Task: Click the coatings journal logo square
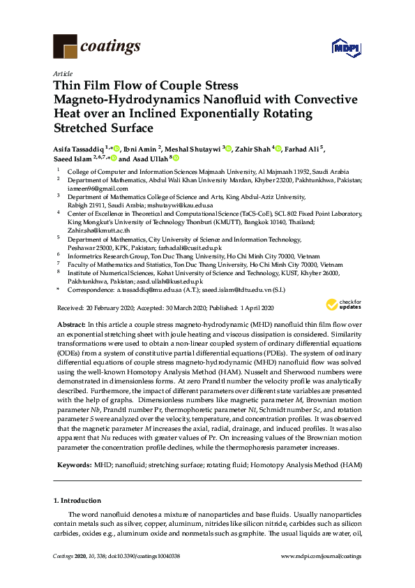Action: point(65,47)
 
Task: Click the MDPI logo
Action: point(343,47)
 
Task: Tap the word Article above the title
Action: point(62,73)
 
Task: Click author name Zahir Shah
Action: point(252,149)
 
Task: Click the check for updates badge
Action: point(343,304)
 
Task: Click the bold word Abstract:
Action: point(69,325)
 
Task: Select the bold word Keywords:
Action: point(72,464)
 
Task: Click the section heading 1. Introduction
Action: point(77,501)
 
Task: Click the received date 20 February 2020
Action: point(94,308)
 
